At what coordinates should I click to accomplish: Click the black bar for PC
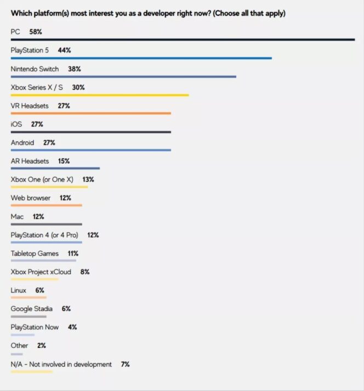[x=183, y=39]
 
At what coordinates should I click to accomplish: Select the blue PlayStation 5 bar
[x=141, y=58]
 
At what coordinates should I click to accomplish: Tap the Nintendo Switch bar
[x=123, y=77]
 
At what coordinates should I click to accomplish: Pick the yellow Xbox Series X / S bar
[x=100, y=95]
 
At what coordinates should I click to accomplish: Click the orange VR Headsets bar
[x=91, y=113]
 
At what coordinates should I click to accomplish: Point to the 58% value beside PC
[x=36, y=32]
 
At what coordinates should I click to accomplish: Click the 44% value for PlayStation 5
[x=64, y=50]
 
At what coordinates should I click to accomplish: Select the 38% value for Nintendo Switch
[x=75, y=69]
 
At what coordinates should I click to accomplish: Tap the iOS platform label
[x=16, y=124]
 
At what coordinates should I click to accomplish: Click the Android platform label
[x=22, y=143]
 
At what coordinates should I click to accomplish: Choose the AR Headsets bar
[x=55, y=169]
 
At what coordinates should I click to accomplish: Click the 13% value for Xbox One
[x=88, y=180]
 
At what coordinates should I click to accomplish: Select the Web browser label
[x=31, y=198]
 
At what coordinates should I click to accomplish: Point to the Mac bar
[x=46, y=224]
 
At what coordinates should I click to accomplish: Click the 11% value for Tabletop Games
[x=72, y=254]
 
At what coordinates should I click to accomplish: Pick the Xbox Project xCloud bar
[x=35, y=279]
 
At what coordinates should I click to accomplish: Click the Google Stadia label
[x=32, y=309]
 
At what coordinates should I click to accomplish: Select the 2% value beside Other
[x=42, y=346]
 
